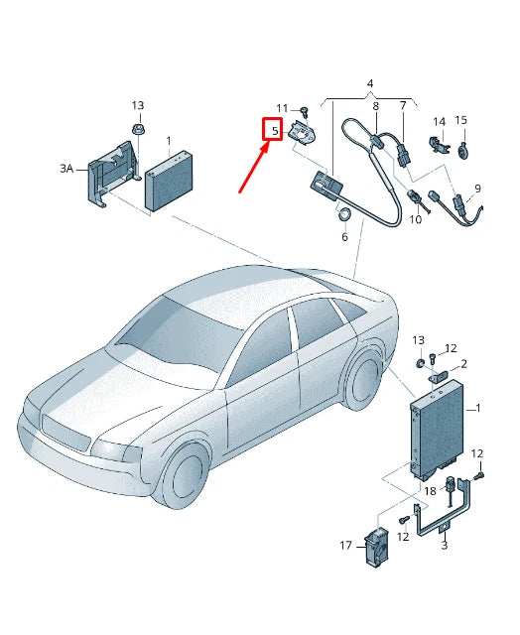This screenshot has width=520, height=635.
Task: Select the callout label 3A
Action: tap(66, 169)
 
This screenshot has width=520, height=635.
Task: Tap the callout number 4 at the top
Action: tap(369, 83)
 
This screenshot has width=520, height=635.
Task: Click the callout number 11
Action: tap(282, 108)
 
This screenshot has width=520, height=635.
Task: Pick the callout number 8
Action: tap(375, 106)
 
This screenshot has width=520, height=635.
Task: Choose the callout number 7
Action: tap(403, 106)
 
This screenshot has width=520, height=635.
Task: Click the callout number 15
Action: tap(460, 121)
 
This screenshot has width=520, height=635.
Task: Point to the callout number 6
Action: tap(344, 237)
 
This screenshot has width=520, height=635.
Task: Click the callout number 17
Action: tap(346, 545)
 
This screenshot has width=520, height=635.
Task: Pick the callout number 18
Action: tap(430, 490)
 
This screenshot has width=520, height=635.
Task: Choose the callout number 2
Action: tap(462, 364)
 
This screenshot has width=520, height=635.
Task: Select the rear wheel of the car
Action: tap(363, 382)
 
